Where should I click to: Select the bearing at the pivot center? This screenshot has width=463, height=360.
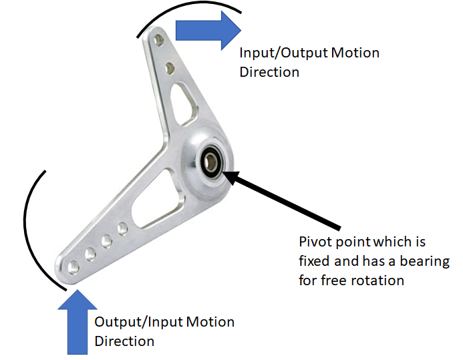coord(213,160)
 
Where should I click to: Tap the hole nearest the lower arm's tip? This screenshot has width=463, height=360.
coord(73,268)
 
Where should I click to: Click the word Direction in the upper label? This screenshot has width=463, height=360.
coord(269,71)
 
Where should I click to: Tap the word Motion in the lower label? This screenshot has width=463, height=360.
coord(210,322)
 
